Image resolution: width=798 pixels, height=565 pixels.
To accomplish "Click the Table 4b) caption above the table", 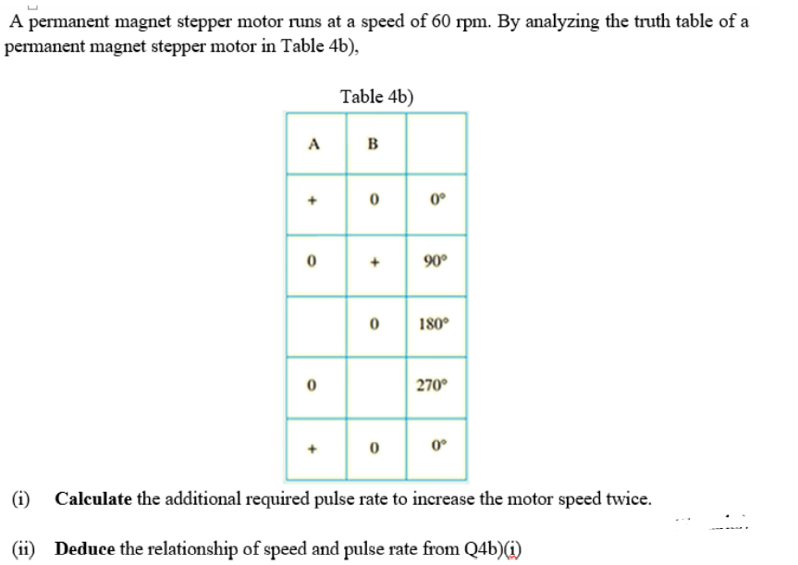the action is pyautogui.click(x=376, y=97).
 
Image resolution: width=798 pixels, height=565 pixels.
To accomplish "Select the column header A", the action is pyautogui.click(x=314, y=144).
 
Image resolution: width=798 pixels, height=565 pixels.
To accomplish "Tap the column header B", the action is pyautogui.click(x=373, y=144).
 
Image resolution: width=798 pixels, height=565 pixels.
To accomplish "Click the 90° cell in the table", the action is pyautogui.click(x=436, y=261).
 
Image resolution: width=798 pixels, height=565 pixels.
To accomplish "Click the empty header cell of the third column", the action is pyautogui.click(x=436, y=143).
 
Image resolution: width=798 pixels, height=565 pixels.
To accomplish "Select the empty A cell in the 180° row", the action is pyautogui.click(x=316, y=326).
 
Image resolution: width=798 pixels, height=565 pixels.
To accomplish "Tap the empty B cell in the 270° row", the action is pyautogui.click(x=376, y=388).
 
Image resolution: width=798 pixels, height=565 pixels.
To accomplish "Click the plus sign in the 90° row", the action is pyautogui.click(x=374, y=263).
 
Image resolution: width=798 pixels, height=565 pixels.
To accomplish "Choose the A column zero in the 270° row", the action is pyautogui.click(x=312, y=386).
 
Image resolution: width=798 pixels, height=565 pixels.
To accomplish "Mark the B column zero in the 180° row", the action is pyautogui.click(x=374, y=324).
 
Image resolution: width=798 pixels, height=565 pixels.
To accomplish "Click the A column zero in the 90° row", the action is pyautogui.click(x=312, y=262).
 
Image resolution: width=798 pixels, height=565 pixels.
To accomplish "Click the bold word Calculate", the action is pyautogui.click(x=93, y=498).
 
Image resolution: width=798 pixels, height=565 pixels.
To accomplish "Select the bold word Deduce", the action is pyautogui.click(x=85, y=548).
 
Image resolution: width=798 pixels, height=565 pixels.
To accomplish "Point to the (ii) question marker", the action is pyautogui.click(x=24, y=548).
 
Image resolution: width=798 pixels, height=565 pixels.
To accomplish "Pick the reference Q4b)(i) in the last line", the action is pyautogui.click(x=493, y=549).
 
